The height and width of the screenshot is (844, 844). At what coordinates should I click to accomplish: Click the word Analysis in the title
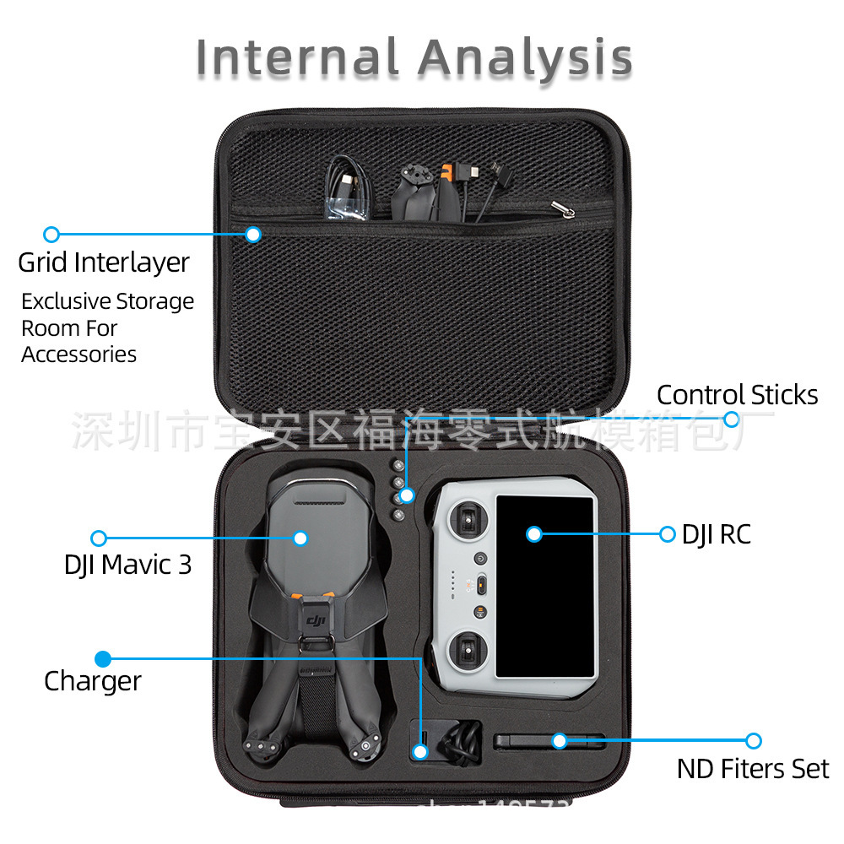525,59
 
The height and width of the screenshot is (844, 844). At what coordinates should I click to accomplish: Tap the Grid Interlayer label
104,262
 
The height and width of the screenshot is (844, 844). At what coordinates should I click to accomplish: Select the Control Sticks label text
737,395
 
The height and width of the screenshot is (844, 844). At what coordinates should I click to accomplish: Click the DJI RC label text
716,534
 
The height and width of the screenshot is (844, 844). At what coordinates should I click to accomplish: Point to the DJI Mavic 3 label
128,565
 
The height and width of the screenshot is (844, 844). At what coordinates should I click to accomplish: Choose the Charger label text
93,680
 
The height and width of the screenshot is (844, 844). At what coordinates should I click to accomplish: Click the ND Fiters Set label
753,769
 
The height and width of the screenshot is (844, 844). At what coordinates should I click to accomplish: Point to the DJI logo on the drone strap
316,622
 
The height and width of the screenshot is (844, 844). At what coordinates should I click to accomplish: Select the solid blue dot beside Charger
102,658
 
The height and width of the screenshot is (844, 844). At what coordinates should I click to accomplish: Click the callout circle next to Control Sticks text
732,419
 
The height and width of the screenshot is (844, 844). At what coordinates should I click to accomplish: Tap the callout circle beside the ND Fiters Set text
754,741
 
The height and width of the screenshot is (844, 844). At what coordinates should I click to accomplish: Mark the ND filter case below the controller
549,742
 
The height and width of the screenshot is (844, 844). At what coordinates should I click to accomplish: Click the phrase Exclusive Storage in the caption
107,301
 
